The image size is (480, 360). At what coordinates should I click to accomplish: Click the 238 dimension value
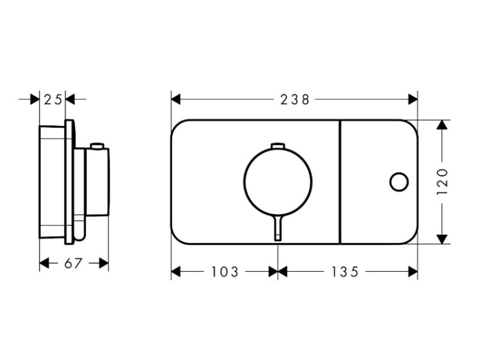click(295, 99)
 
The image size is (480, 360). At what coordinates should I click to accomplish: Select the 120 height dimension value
click(442, 182)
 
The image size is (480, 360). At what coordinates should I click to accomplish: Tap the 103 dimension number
click(225, 272)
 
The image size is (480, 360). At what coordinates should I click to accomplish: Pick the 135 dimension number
click(345, 272)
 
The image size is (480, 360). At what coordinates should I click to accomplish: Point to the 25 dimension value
click(53, 99)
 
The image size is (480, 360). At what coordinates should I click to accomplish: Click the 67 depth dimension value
click(74, 263)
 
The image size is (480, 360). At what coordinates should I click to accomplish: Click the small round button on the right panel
click(399, 182)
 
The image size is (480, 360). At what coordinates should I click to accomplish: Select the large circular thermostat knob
click(278, 182)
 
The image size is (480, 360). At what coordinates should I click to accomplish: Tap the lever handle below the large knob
click(278, 227)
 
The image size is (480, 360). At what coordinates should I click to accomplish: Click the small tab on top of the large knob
click(278, 146)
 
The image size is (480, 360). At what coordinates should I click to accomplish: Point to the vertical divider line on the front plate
click(340, 182)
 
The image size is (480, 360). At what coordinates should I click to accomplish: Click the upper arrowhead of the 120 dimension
click(442, 125)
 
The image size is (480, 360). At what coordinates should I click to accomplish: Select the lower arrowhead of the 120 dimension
click(442, 239)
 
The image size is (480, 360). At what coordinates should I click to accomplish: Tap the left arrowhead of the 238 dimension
click(176, 99)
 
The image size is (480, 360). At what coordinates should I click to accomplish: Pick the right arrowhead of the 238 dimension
click(413, 99)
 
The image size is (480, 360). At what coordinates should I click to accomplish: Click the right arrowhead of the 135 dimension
click(413, 272)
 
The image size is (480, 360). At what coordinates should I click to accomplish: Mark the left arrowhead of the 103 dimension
click(176, 272)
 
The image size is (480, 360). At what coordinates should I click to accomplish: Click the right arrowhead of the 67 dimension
click(104, 263)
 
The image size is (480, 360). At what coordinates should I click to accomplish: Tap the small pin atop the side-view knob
click(98, 146)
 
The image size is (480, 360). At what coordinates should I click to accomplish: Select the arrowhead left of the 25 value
click(35, 99)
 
